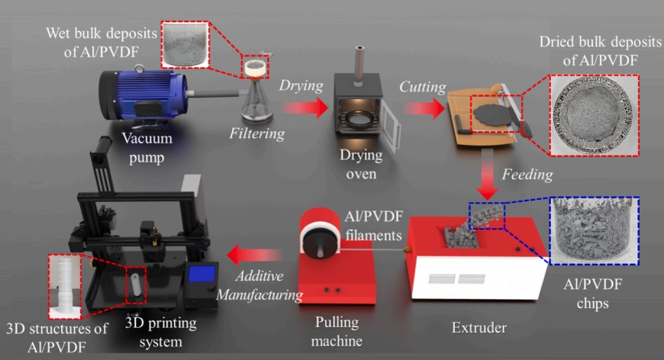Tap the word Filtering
click(257, 134)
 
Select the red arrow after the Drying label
click(305, 104)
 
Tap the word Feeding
click(527, 174)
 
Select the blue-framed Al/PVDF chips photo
click(593, 231)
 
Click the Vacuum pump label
click(147, 147)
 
